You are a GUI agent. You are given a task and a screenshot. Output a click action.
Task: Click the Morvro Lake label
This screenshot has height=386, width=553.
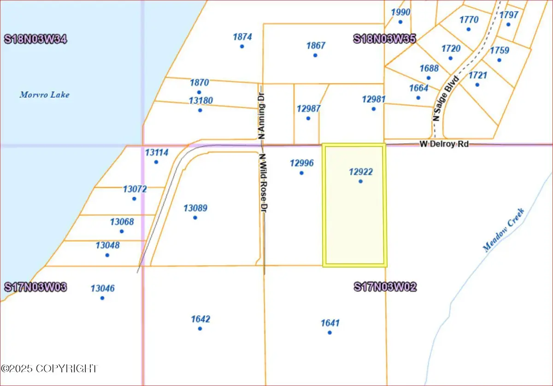(x=44, y=95)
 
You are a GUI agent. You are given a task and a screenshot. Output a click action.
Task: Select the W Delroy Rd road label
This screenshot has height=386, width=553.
(x=444, y=144)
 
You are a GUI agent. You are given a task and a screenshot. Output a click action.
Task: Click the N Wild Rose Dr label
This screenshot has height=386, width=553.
(x=264, y=183)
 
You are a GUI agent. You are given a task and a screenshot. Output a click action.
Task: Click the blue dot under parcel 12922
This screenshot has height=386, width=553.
(x=360, y=181)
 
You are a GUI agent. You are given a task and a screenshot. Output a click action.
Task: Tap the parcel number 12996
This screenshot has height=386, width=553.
(x=301, y=162)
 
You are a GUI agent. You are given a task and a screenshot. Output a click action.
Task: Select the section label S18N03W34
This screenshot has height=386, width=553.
(x=35, y=39)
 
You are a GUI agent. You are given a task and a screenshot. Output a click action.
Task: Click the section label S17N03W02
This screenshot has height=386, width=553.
(x=385, y=287)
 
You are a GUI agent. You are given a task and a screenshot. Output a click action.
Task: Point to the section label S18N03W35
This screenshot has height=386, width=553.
(x=385, y=39)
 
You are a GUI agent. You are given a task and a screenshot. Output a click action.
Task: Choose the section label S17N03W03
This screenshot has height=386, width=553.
(x=35, y=287)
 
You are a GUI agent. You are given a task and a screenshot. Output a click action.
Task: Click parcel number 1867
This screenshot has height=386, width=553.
(x=316, y=46)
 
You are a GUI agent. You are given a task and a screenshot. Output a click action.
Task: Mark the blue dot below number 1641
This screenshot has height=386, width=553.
(x=329, y=332)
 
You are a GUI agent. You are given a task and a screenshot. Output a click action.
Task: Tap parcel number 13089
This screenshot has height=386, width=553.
(x=195, y=208)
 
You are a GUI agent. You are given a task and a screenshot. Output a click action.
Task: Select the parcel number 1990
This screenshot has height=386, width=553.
(x=400, y=12)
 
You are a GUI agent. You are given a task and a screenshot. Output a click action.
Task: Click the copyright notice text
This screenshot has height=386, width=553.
(x=50, y=369)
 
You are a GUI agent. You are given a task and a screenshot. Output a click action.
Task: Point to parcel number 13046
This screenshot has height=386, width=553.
(x=102, y=288)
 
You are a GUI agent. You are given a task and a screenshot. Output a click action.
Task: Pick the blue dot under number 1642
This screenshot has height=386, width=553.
(x=200, y=328)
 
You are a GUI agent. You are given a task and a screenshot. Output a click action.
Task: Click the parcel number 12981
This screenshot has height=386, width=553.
(x=373, y=99)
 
